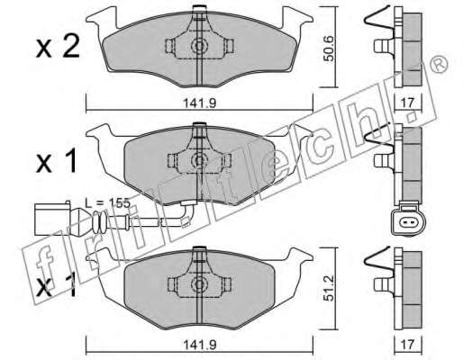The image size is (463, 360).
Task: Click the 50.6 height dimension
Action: click(x=330, y=49)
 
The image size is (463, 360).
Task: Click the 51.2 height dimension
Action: click(x=330, y=289)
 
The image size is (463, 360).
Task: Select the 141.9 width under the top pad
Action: click(x=200, y=103)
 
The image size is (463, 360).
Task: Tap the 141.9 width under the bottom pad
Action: click(x=200, y=345)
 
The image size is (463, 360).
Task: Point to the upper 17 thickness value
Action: click(x=407, y=103)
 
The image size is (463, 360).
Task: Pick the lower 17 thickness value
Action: click(x=407, y=345)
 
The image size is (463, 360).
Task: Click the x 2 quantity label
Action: click(x=58, y=47)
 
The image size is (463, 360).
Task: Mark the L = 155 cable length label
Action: click(x=107, y=203)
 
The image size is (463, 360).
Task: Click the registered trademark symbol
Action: click(x=440, y=64)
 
